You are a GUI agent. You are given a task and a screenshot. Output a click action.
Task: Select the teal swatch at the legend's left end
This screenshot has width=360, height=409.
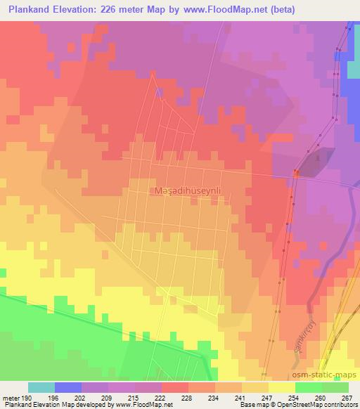[41, 387]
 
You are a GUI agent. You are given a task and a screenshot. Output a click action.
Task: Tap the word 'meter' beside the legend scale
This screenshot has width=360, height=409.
[11, 397]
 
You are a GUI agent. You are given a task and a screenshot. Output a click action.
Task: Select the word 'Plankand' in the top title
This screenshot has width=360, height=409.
[27, 10]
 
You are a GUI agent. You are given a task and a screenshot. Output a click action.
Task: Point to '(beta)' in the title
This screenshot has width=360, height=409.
[281, 10]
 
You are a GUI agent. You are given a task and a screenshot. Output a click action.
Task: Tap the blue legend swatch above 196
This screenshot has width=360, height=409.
[68, 387]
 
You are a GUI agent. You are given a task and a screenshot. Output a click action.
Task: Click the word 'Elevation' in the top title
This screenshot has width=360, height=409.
[72, 10]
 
